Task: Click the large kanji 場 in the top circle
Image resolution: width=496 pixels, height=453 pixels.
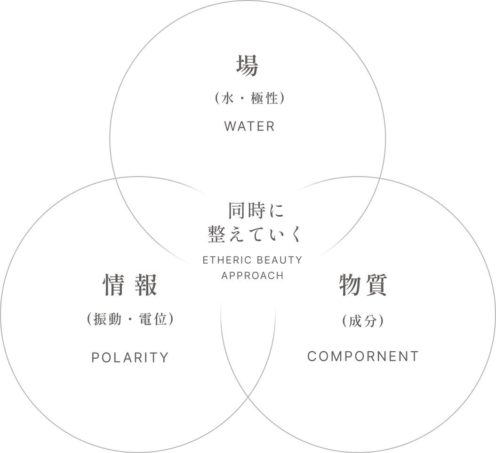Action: pyautogui.click(x=248, y=65)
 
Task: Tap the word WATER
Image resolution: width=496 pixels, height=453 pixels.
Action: pyautogui.click(x=249, y=126)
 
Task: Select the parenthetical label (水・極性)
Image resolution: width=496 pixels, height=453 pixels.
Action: pyautogui.click(x=249, y=98)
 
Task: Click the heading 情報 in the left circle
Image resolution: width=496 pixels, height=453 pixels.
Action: pyautogui.click(x=130, y=285)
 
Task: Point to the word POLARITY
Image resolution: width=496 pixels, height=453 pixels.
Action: pyautogui.click(x=130, y=357)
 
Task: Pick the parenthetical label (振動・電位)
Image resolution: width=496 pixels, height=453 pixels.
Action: pyautogui.click(x=130, y=319)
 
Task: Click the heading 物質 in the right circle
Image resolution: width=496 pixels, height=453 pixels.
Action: pyautogui.click(x=363, y=285)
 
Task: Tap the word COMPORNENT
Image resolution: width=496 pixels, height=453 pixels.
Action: pyautogui.click(x=363, y=356)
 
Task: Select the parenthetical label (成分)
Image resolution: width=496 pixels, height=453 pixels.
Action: pyautogui.click(x=363, y=321)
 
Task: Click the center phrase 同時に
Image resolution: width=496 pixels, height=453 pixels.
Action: pyautogui.click(x=256, y=210)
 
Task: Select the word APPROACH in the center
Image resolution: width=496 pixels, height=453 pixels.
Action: pyautogui.click(x=252, y=276)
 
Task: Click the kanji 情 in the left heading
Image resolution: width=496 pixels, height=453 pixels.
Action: pyautogui.click(x=114, y=285)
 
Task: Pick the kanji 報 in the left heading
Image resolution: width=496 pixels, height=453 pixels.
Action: pyautogui.click(x=146, y=285)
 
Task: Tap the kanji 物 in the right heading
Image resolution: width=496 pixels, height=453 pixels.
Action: pyautogui.click(x=351, y=285)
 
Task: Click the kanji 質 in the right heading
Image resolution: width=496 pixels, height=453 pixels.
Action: pyautogui.click(x=376, y=285)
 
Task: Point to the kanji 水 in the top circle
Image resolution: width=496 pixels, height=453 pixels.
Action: pyautogui.click(x=228, y=98)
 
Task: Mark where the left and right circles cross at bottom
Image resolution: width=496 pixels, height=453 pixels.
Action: pyautogui.click(x=248, y=396)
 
